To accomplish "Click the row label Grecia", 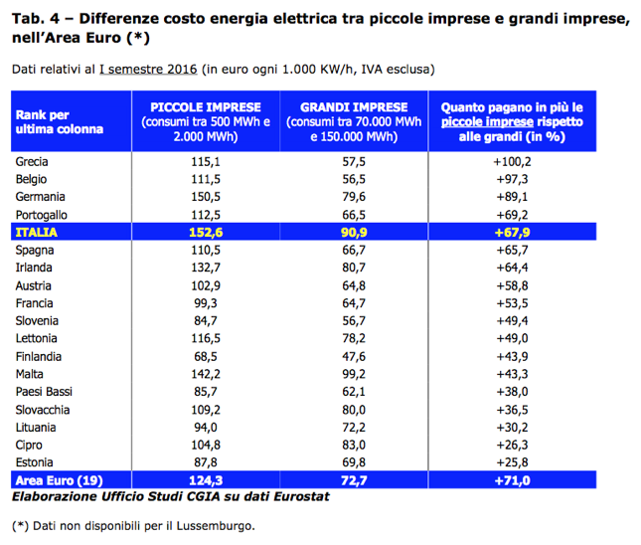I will (33, 161).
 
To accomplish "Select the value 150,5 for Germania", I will (204, 196).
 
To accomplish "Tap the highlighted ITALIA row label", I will (36, 231).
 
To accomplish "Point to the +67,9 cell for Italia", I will (511, 231).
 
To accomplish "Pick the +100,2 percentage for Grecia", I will (511, 161).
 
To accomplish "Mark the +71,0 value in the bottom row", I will (511, 480).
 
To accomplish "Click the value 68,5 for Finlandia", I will (205, 356).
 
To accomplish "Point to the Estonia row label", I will (35, 462).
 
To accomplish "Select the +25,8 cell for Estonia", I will (511, 462).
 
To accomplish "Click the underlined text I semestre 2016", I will (147, 70).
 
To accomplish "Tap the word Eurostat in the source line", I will (303, 496).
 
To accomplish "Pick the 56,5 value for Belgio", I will (354, 178).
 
